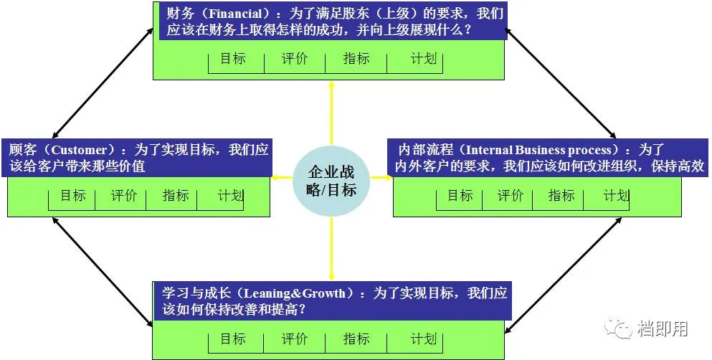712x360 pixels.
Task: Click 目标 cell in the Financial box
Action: click(232, 59)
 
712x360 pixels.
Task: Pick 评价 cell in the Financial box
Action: click(294, 59)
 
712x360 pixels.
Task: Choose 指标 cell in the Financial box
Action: click(356, 59)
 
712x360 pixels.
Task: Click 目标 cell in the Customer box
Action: click(72, 195)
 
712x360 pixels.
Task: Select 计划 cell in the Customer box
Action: click(230, 195)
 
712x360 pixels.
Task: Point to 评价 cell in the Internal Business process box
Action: click(511, 195)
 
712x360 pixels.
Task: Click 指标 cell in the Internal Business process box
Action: click(561, 195)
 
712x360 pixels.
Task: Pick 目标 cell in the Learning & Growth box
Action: click(232, 339)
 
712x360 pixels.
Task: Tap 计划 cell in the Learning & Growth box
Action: click(424, 339)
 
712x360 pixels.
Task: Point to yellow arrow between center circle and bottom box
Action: click(331, 248)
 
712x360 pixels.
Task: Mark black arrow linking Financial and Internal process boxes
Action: click(561, 82)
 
